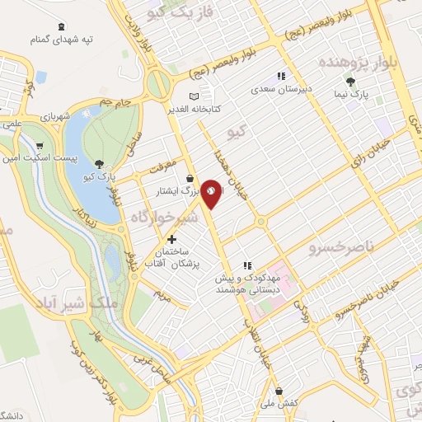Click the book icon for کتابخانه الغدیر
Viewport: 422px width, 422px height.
pyautogui.click(x=195, y=96)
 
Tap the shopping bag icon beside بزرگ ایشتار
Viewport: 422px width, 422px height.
pyautogui.click(x=190, y=177)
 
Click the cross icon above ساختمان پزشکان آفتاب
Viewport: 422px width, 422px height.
pyautogui.click(x=171, y=239)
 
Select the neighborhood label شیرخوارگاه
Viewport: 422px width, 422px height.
pyautogui.click(x=163, y=217)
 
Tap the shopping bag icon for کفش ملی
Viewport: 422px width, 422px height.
pyautogui.click(x=279, y=391)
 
